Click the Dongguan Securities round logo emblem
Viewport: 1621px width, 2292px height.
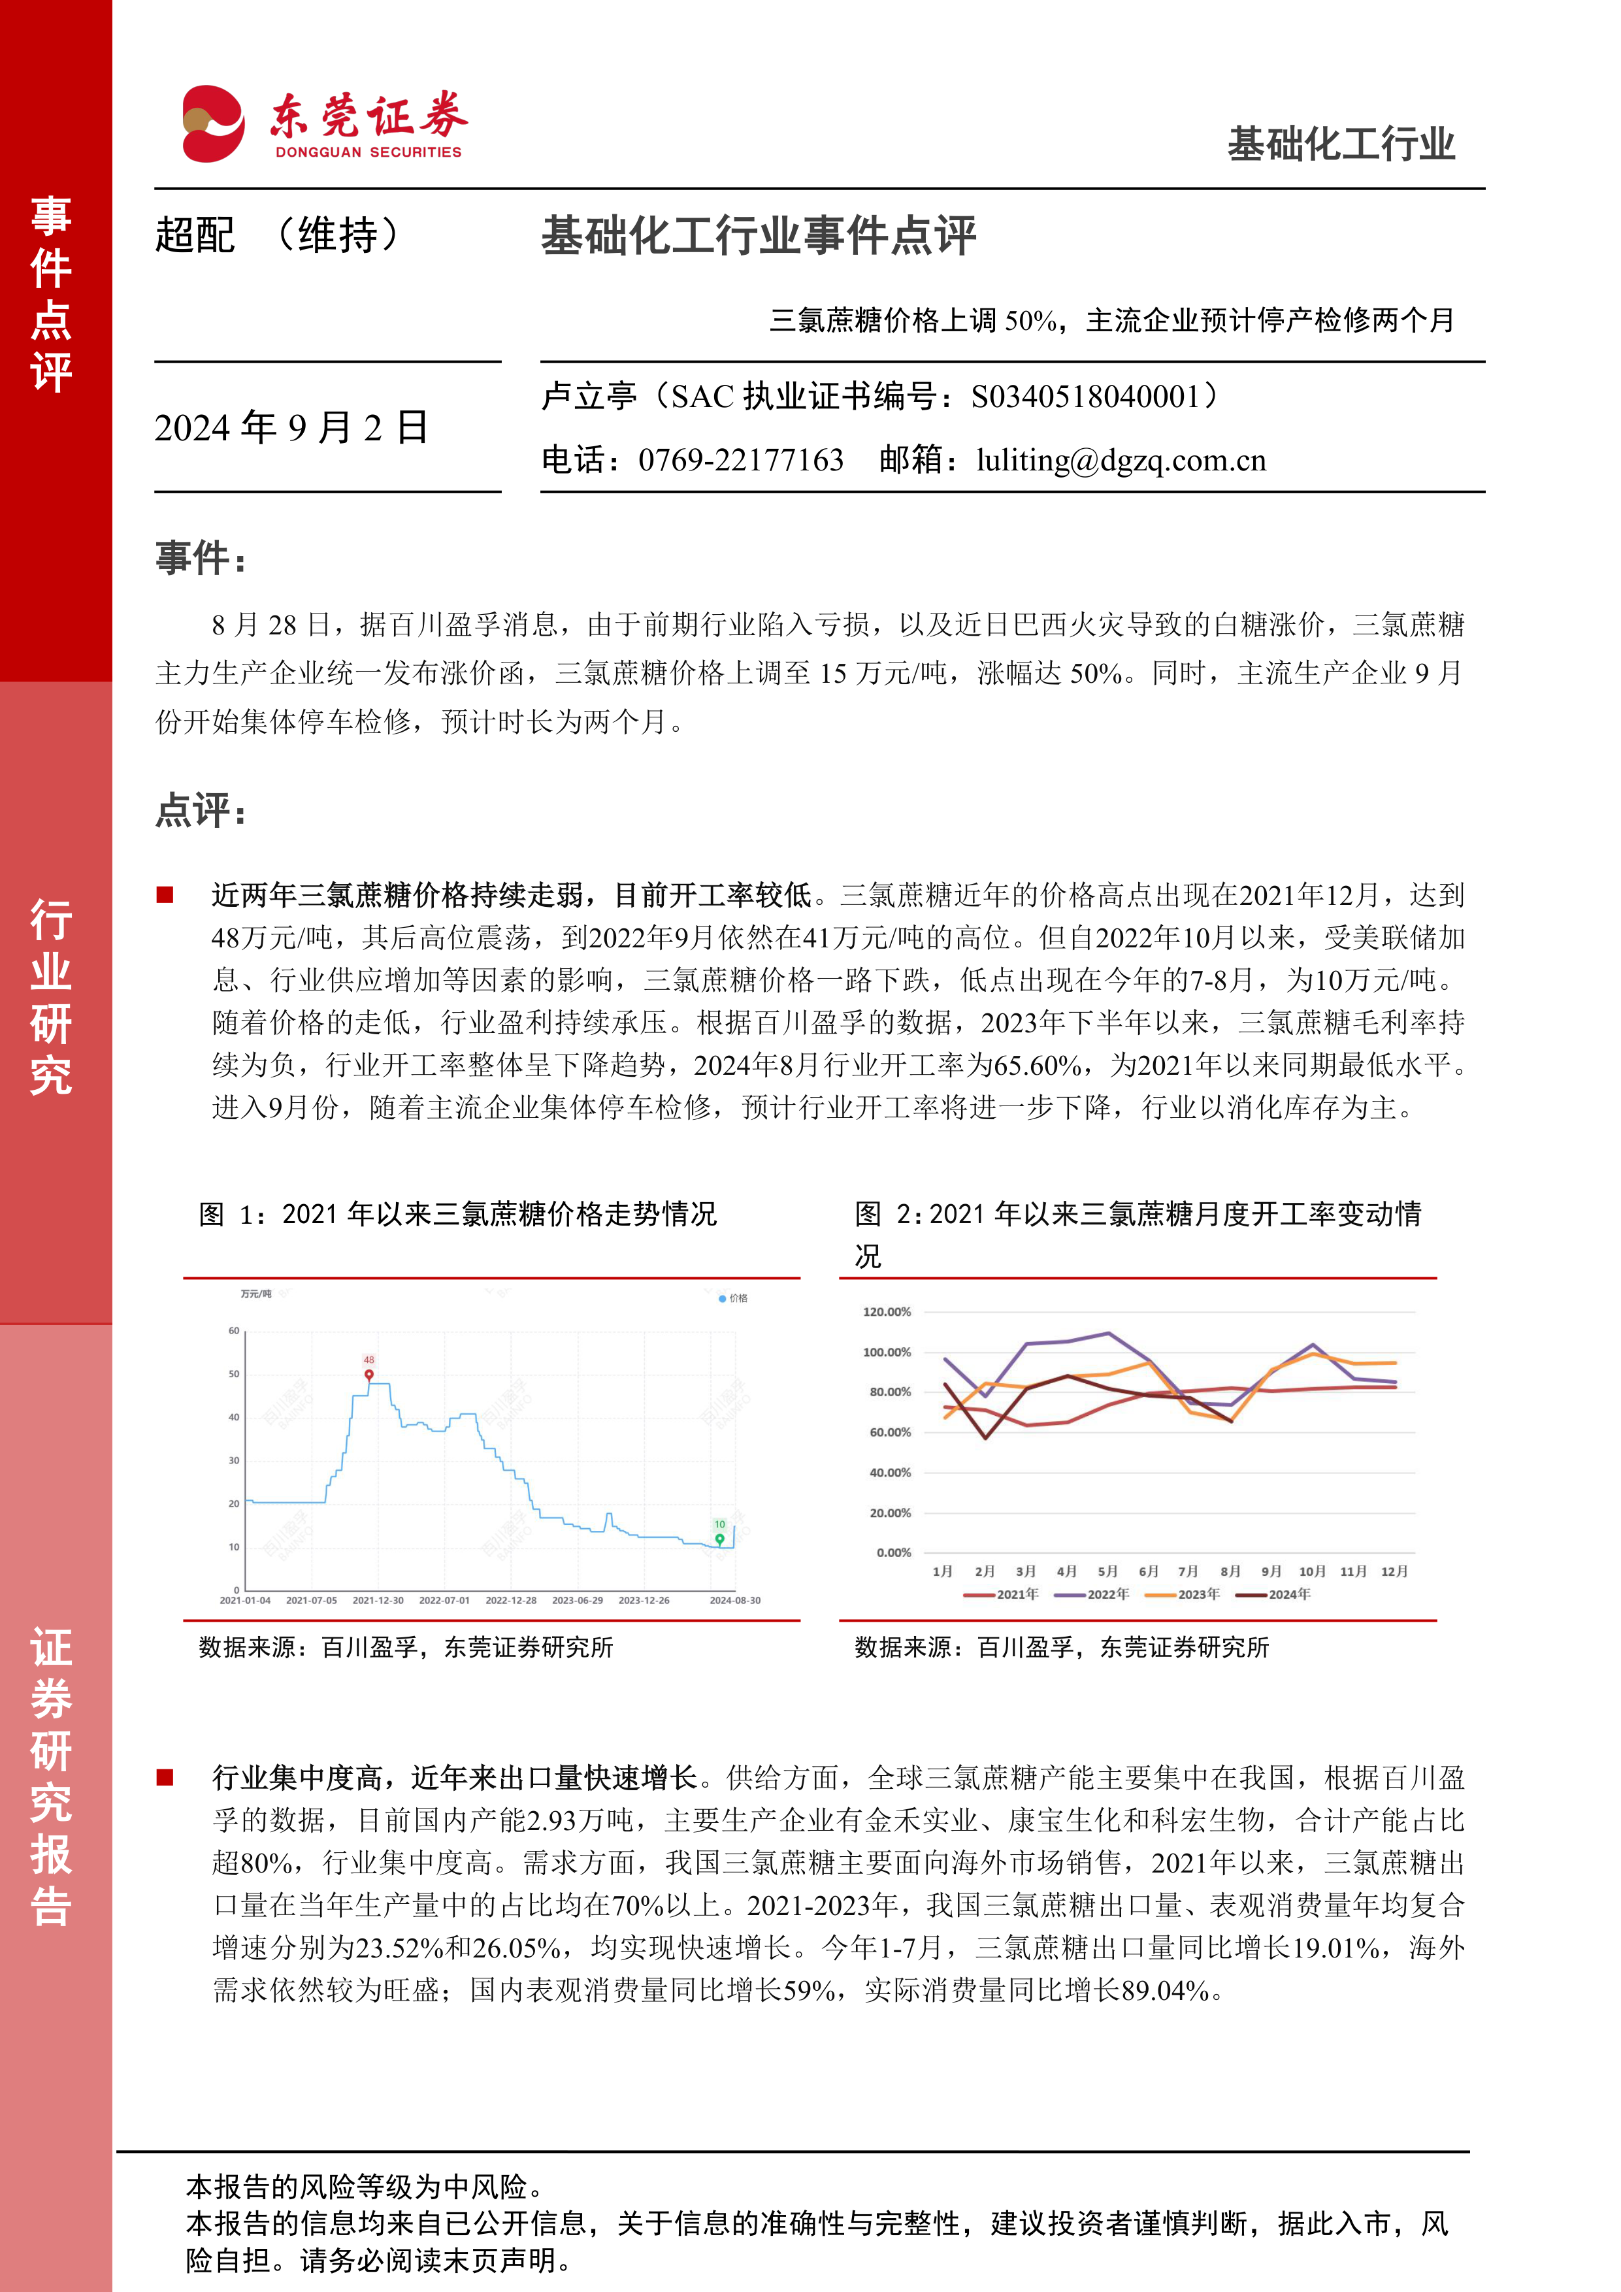pos(212,123)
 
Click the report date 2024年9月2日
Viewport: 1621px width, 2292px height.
pos(291,427)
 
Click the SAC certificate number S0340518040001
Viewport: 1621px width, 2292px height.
pos(1085,397)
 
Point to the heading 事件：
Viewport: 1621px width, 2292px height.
pos(201,558)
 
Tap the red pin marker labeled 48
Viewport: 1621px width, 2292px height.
pos(369,1373)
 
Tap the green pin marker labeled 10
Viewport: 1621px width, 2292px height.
pos(719,1538)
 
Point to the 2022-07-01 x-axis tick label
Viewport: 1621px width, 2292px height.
pos(444,1600)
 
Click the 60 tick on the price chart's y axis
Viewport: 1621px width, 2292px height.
pos(233,1331)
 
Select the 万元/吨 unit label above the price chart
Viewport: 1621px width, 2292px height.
pos(255,1294)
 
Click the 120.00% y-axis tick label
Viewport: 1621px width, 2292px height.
pos(887,1312)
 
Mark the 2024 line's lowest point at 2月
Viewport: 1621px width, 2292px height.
pos(985,1437)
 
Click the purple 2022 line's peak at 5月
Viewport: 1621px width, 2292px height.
pos(1108,1333)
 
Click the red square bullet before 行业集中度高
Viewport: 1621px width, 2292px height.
pos(165,1777)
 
